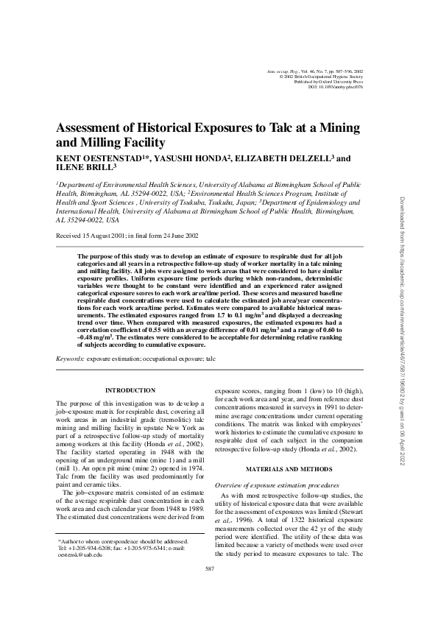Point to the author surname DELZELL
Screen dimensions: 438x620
tap(298, 158)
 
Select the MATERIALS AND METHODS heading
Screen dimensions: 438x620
tap(286, 469)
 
